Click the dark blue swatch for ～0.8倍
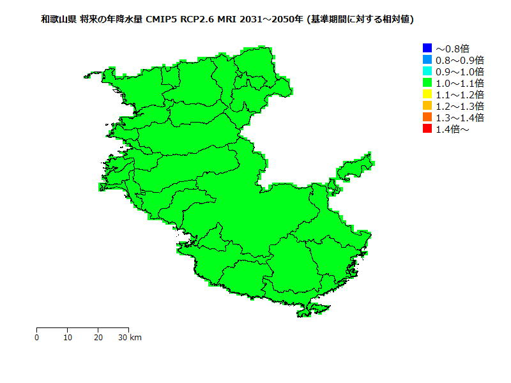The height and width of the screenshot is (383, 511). [427, 48]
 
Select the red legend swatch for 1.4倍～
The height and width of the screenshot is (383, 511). [427, 129]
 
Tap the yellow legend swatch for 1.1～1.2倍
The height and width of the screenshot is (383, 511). [427, 94]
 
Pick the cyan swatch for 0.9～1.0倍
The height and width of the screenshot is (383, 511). [427, 71]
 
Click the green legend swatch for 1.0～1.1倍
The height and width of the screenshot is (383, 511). [427, 82]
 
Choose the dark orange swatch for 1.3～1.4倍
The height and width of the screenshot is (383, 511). [427, 117]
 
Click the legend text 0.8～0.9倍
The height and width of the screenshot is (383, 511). [459, 60]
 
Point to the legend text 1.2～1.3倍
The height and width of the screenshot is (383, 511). [459, 106]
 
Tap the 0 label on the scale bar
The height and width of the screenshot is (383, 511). [37, 338]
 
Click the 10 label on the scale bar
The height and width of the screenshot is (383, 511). [68, 338]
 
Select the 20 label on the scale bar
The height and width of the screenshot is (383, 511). [98, 338]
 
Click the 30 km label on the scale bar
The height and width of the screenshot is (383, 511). [130, 338]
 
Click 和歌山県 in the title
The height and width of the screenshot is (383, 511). [59, 20]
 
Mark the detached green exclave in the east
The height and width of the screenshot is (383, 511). [355, 167]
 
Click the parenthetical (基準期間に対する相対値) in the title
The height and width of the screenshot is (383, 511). [361, 20]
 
